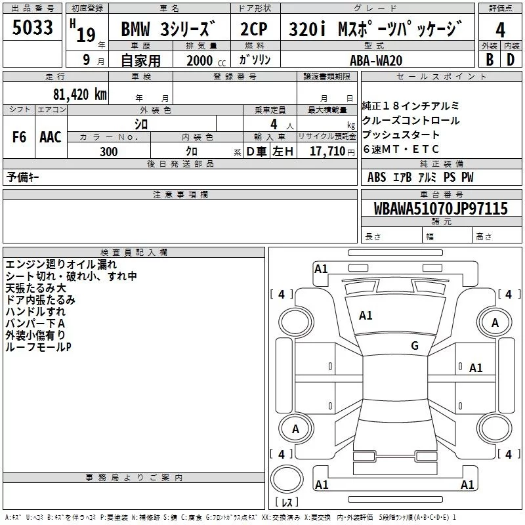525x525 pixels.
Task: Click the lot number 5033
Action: pos(33,29)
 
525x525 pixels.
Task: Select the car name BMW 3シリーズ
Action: pos(169,30)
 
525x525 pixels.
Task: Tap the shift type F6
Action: pos(20,137)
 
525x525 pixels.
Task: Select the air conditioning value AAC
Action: pos(51,137)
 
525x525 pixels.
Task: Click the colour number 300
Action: pos(109,152)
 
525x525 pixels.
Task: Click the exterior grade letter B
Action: pos(489,60)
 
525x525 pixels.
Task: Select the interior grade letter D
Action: pos(511,60)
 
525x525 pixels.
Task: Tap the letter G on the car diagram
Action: pos(414,346)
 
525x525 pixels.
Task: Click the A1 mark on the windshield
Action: pos(366,316)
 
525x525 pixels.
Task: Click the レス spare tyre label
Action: pos(286,503)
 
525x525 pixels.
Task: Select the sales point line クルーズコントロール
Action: pos(411,121)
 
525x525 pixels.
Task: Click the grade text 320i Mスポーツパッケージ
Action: pos(375,30)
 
